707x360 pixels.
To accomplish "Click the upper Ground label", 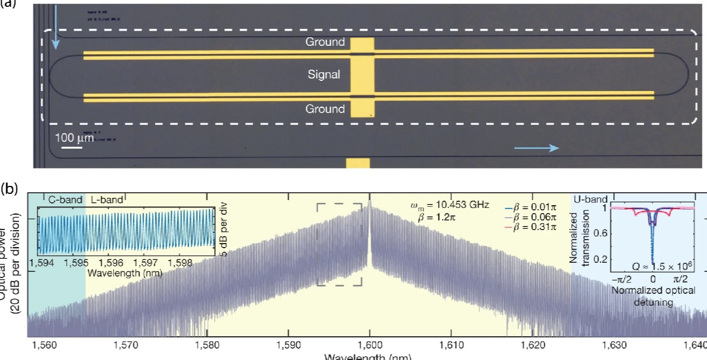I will pos(325,42).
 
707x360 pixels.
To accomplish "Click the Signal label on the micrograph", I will pos(324,74).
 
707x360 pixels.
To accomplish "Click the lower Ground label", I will pos(325,109).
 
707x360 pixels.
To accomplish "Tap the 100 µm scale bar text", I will pos(74,137).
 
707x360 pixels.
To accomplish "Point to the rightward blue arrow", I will pos(536,148).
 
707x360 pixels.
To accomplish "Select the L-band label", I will pos(105,199).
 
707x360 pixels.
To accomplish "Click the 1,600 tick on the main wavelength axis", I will pos(370,345).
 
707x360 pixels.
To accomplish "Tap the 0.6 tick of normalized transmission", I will pos(602,233).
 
